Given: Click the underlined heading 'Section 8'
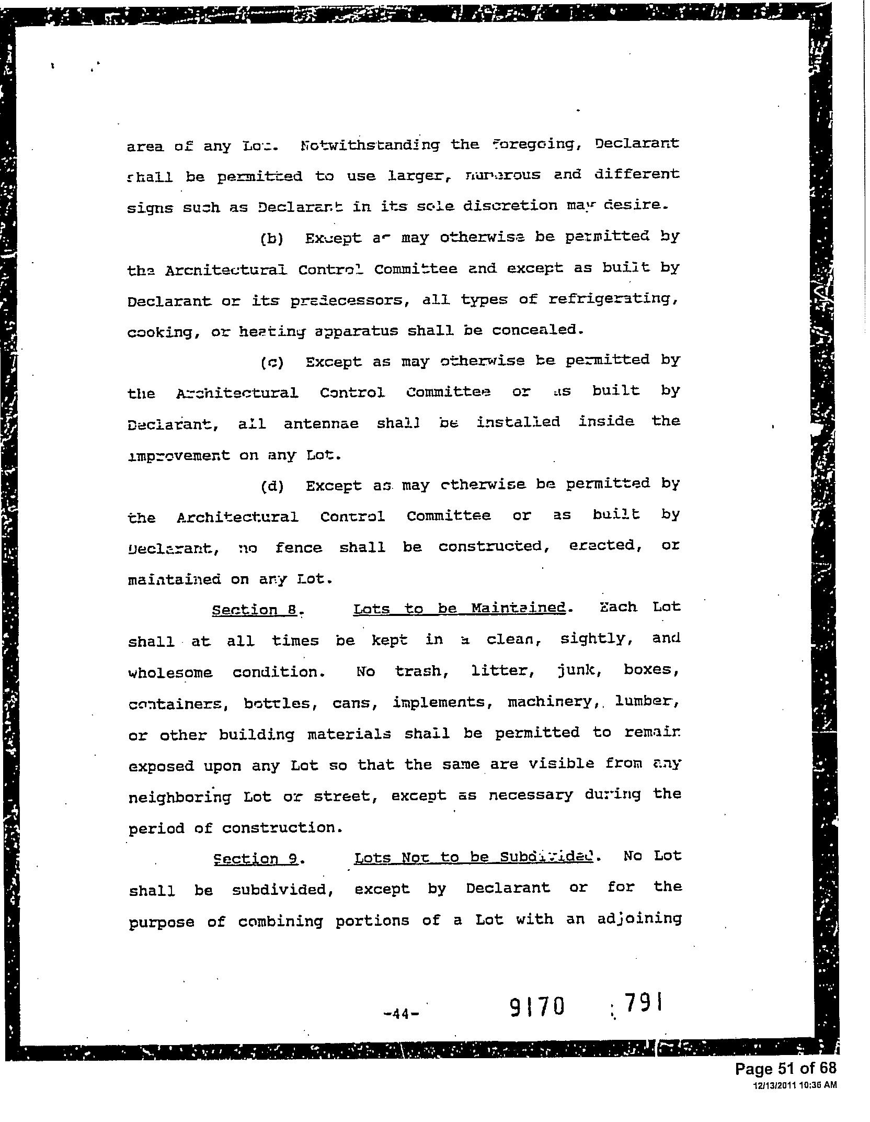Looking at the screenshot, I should pyautogui.click(x=256, y=610).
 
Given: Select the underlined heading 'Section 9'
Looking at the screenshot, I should pyautogui.click(x=256, y=859).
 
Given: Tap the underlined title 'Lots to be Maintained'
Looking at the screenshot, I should pyautogui.click(x=459, y=608).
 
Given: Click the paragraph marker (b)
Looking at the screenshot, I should pyautogui.click(x=271, y=239).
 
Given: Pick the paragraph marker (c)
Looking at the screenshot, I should pyautogui.click(x=271, y=363).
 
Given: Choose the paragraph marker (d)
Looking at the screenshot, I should pyautogui.click(x=272, y=487).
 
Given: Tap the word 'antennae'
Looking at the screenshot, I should pyautogui.click(x=321, y=423).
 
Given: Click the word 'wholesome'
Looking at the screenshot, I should pyautogui.click(x=170, y=672).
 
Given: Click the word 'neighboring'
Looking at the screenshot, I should pyautogui.click(x=179, y=797).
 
